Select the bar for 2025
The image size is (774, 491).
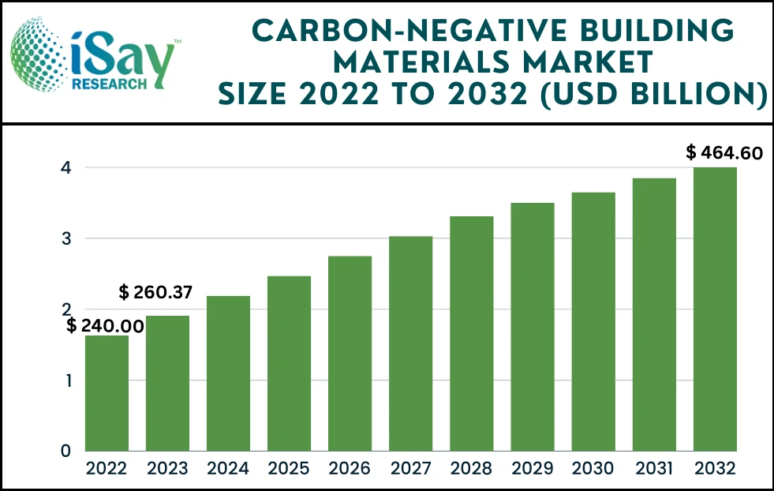point(289,363)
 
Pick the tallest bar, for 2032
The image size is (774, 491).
point(715,309)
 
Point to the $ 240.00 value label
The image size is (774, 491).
point(104,325)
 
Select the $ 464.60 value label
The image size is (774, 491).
point(724,152)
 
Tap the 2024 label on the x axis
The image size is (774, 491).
point(228,469)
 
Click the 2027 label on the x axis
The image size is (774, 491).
point(410,469)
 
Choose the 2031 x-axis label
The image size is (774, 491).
point(654,469)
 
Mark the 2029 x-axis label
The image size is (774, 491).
point(533,469)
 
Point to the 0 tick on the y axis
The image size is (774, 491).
point(68,452)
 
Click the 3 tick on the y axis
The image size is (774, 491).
point(68,238)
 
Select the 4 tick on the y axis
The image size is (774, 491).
point(68,167)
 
